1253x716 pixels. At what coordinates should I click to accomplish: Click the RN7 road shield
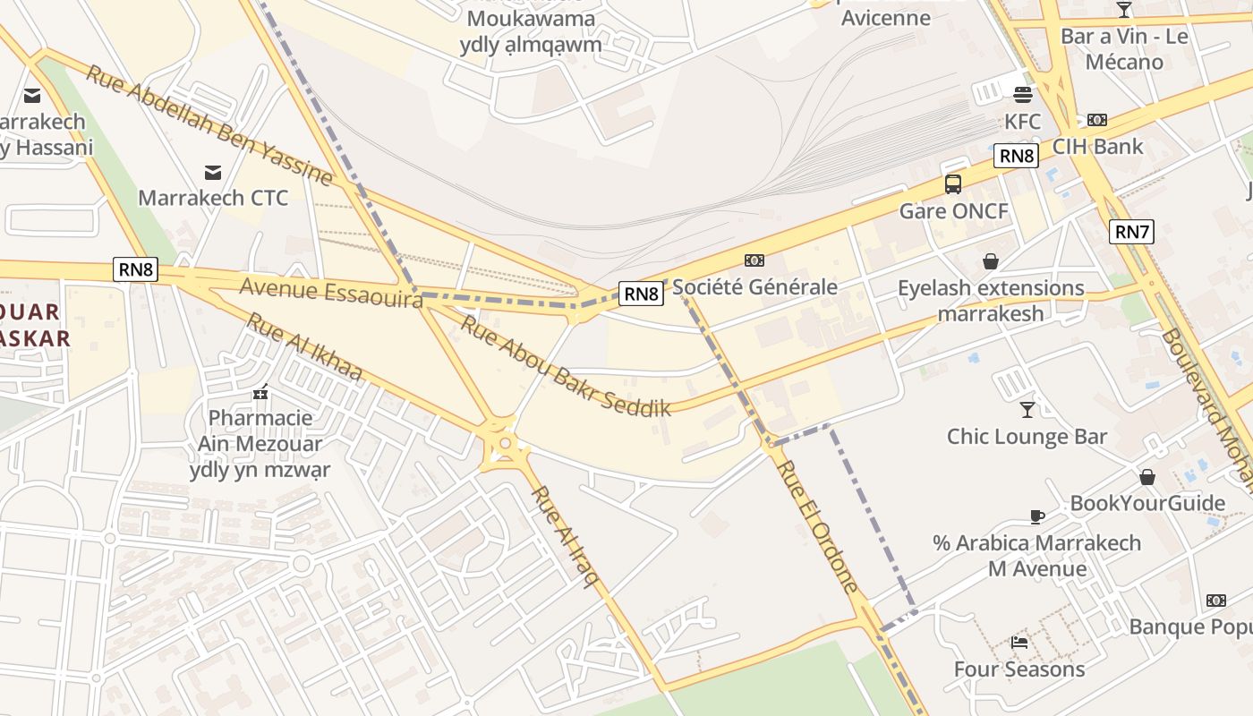tap(1131, 232)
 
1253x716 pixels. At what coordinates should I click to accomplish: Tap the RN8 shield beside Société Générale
tap(641, 293)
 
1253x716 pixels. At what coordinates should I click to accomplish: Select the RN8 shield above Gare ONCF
tap(1016, 156)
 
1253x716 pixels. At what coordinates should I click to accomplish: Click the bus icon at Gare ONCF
tap(953, 184)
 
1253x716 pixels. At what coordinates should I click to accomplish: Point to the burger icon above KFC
tap(1023, 95)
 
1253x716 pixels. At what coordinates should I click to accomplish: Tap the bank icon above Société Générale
tap(754, 260)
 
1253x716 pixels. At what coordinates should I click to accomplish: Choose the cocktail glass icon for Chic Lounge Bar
tap(1027, 410)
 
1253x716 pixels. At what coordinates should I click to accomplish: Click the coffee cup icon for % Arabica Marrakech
tap(1037, 516)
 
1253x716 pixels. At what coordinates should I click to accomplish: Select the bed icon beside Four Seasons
tap(1019, 642)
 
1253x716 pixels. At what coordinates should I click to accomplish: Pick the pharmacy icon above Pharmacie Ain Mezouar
tap(260, 392)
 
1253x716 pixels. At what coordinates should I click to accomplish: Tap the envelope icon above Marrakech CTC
tap(213, 172)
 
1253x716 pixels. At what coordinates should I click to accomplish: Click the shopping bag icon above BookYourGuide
tap(1147, 477)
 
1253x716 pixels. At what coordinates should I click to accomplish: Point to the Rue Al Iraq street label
tap(566, 537)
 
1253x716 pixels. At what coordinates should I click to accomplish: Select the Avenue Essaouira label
tap(331, 293)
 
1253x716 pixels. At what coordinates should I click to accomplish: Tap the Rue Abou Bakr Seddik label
tap(565, 367)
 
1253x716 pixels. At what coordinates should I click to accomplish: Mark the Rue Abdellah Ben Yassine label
tap(209, 124)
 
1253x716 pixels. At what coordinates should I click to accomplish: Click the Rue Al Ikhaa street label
tap(304, 347)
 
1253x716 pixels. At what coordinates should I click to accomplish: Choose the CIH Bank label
tap(1097, 146)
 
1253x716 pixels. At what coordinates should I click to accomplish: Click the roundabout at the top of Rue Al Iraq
tap(506, 442)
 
